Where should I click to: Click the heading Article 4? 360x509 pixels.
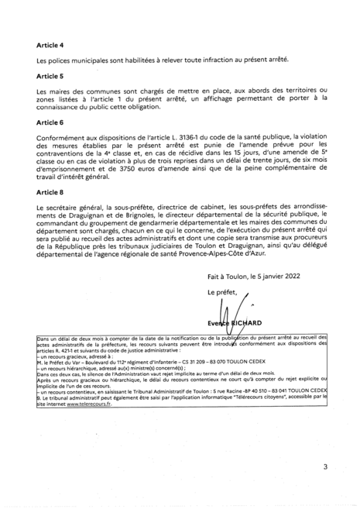[50, 46]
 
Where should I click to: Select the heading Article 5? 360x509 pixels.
[50, 77]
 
